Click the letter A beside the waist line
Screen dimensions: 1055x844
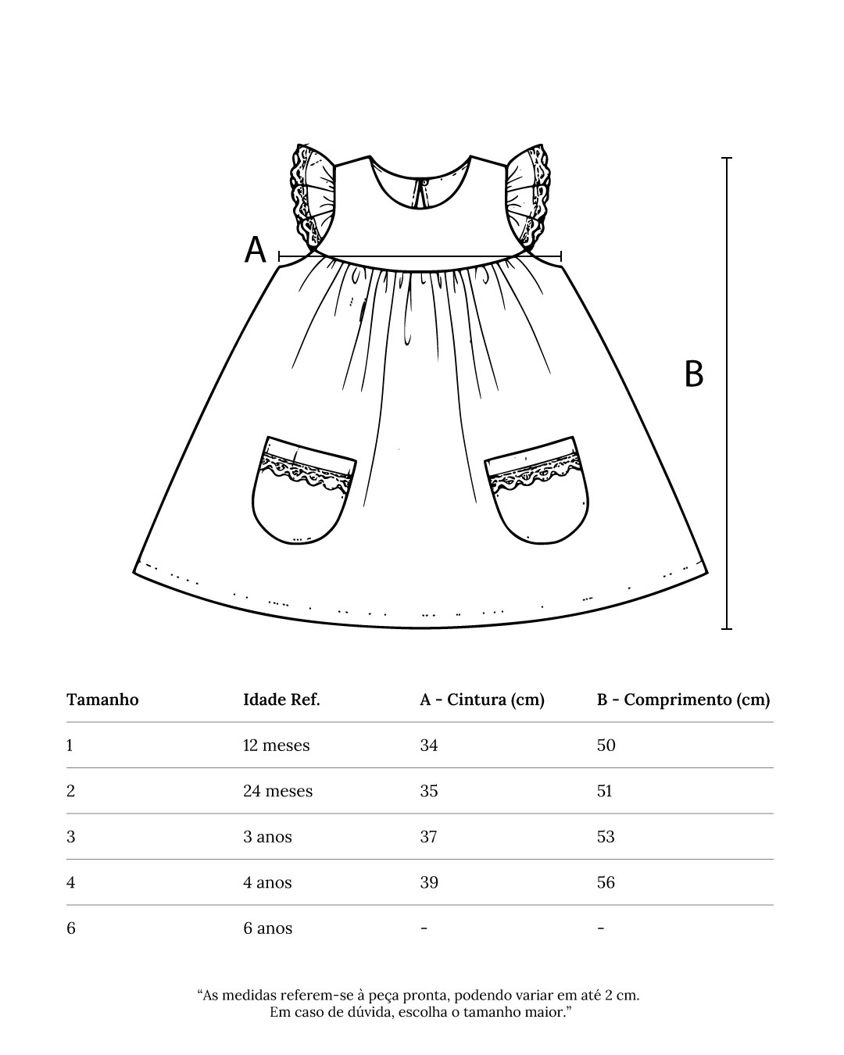pyautogui.click(x=256, y=250)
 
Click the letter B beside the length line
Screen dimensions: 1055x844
pyautogui.click(x=693, y=374)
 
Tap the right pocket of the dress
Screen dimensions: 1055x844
pyautogui.click(x=538, y=490)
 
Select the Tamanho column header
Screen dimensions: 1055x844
pyautogui.click(x=102, y=699)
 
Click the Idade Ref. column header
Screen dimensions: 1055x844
pyautogui.click(x=281, y=699)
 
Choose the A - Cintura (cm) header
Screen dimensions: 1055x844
pyautogui.click(x=481, y=699)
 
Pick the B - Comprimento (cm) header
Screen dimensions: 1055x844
pyautogui.click(x=683, y=699)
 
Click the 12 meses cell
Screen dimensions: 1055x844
pyautogui.click(x=276, y=746)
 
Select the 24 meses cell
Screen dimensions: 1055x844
pyautogui.click(x=277, y=791)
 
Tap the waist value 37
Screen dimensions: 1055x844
pyautogui.click(x=429, y=837)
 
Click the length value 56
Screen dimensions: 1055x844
pyautogui.click(x=606, y=882)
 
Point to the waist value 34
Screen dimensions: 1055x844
pyautogui.click(x=429, y=746)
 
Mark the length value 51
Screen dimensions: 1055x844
pyautogui.click(x=605, y=791)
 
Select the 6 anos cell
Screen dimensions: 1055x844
pyautogui.click(x=267, y=928)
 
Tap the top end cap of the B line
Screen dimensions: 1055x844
pyautogui.click(x=727, y=158)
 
